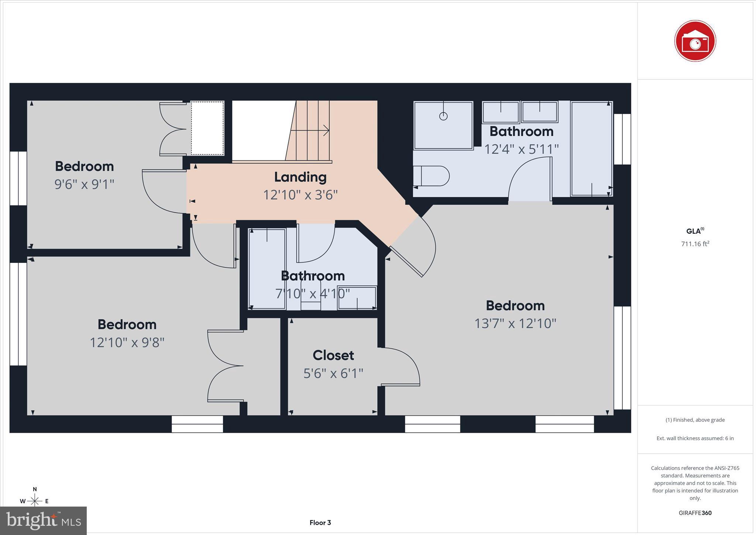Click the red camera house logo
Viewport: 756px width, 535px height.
pyautogui.click(x=695, y=41)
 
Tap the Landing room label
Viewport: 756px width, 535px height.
pyautogui.click(x=300, y=177)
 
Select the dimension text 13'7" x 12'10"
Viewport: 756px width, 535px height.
pyautogui.click(x=515, y=323)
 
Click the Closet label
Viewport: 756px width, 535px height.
pyautogui.click(x=333, y=355)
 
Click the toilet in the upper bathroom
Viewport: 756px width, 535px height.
pyautogui.click(x=431, y=176)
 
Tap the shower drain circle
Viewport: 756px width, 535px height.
pyautogui.click(x=443, y=116)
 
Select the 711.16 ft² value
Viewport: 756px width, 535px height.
pyautogui.click(x=695, y=244)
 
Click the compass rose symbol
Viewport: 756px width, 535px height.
pyautogui.click(x=35, y=501)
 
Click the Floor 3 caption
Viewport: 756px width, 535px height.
pyautogui.click(x=320, y=522)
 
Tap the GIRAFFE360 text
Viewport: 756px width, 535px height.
pyautogui.click(x=695, y=513)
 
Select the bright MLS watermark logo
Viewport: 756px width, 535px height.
pyautogui.click(x=43, y=521)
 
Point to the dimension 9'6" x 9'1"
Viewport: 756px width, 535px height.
pyautogui.click(x=84, y=184)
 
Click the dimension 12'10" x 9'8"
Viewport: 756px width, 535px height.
pyautogui.click(x=127, y=342)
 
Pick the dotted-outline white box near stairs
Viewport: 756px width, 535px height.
pyautogui.click(x=207, y=128)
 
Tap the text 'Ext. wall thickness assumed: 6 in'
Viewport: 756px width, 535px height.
pyautogui.click(x=695, y=438)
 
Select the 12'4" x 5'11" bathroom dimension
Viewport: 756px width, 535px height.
pyautogui.click(x=521, y=149)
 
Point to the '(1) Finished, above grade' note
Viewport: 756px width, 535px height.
pyautogui.click(x=695, y=420)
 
